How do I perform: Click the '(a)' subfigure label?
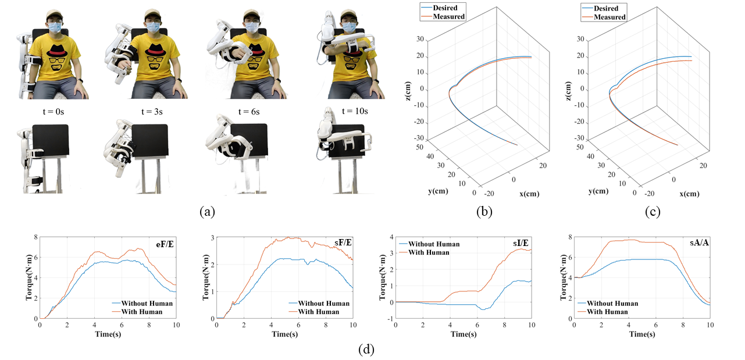coord(207,212)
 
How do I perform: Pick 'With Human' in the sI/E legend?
coord(429,252)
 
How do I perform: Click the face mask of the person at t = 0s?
coord(56,27)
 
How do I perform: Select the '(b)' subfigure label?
coord(484,212)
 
